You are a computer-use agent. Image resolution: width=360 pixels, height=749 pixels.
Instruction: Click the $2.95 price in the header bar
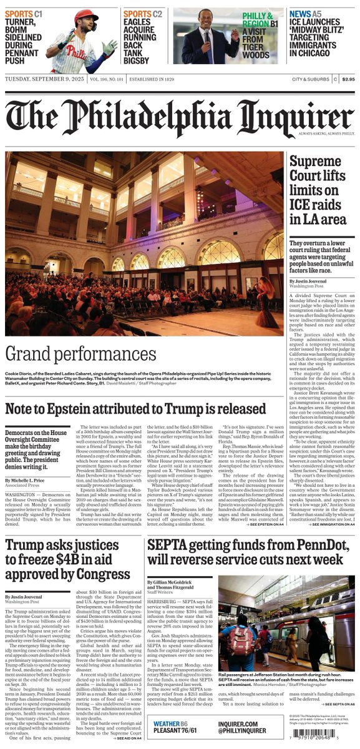point(347,79)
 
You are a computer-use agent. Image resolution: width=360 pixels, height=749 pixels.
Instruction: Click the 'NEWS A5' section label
point(308,13)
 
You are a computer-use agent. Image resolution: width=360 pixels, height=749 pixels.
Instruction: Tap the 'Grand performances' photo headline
point(81,355)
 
